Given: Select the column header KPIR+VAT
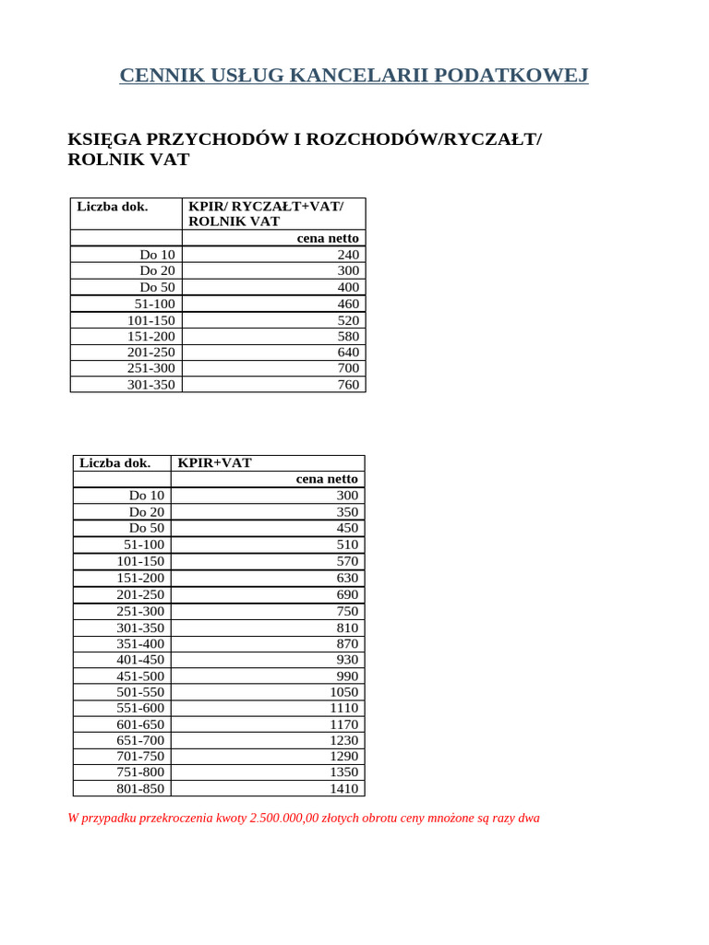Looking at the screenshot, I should [214, 463].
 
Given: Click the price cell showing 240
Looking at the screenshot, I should [348, 255].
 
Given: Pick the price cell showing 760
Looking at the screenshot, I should [348, 385].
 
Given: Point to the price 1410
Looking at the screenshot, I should [343, 789].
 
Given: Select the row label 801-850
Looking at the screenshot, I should [140, 789].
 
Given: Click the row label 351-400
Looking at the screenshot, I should [140, 643].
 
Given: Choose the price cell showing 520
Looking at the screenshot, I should [348, 320].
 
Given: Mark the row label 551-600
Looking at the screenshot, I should [140, 708].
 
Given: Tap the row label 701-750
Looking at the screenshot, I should [140, 757].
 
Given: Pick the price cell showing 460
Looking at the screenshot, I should [348, 304].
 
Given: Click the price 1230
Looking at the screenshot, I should [343, 740].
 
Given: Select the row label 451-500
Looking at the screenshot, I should [140, 676].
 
